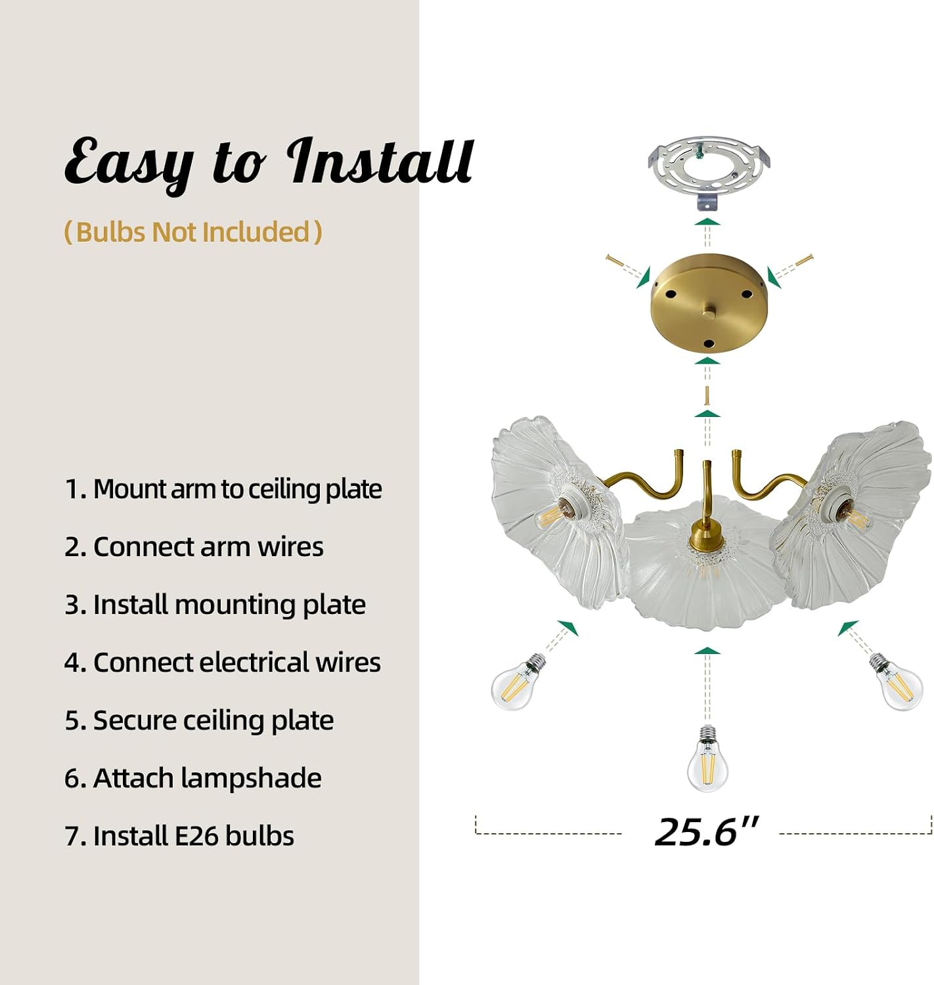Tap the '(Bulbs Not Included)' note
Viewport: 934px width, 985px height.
coord(193,232)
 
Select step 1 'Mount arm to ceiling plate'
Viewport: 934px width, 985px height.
coord(223,489)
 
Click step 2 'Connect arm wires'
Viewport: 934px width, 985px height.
coord(194,546)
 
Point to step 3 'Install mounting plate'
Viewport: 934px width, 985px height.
coord(215,605)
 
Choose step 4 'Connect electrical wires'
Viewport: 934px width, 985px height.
coord(223,663)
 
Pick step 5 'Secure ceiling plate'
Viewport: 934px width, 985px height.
coord(199,720)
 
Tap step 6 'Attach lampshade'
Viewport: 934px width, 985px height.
coord(193,778)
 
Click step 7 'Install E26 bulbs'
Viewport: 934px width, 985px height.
coord(179,836)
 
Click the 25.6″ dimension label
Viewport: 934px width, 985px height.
coord(706,832)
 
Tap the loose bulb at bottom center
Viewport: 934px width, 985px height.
coord(707,758)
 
